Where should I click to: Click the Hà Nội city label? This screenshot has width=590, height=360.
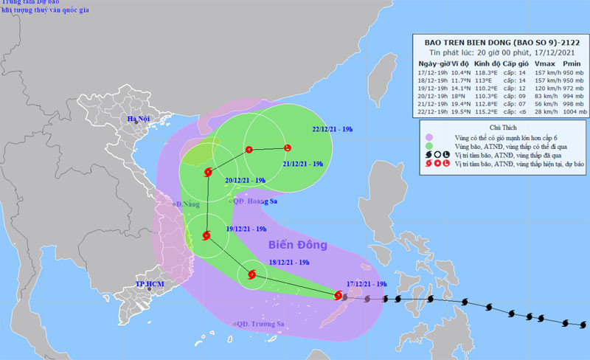(x=138, y=120)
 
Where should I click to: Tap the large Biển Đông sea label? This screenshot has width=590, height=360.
(x=291, y=245)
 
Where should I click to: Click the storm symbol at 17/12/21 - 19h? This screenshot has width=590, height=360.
(x=338, y=296)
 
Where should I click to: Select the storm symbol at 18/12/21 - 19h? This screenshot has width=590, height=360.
(x=252, y=276)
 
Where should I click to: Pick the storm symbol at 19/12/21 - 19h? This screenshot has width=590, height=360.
(x=206, y=236)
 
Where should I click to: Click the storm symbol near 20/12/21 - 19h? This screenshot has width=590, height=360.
(x=207, y=172)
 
